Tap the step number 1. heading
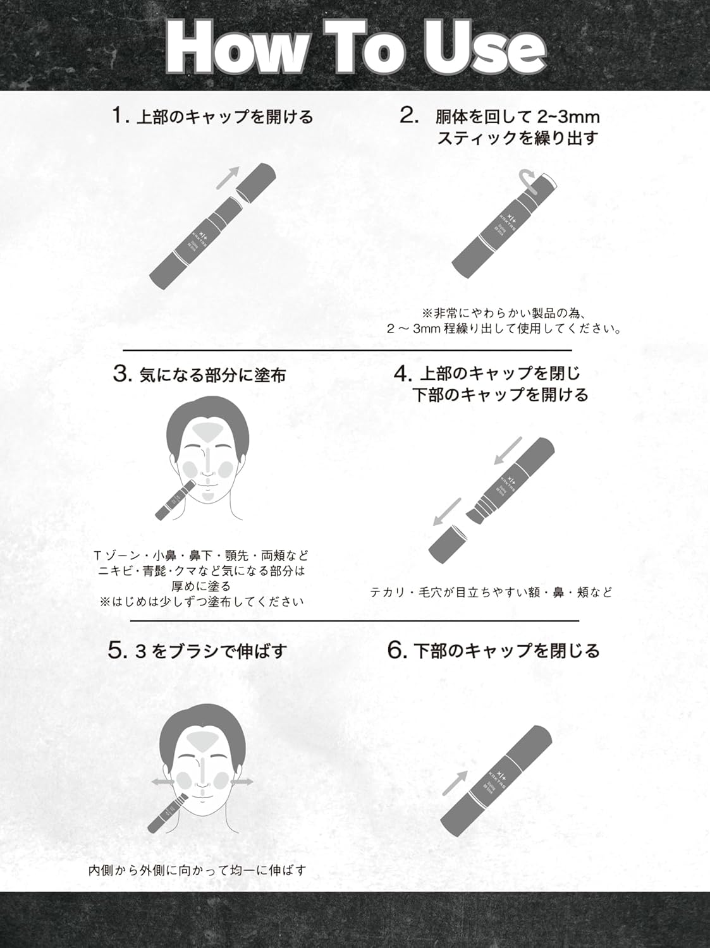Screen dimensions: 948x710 coord(120,116)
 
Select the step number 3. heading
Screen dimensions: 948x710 coord(121,374)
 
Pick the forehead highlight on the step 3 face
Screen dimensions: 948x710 coord(208,433)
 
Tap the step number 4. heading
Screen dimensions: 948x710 coord(403,374)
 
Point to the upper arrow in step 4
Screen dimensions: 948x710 coord(509,450)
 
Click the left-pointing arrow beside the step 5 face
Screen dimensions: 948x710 coord(161,782)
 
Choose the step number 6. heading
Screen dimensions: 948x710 coord(397,651)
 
